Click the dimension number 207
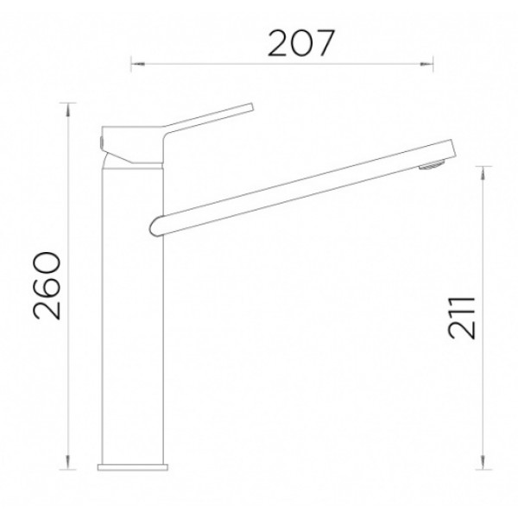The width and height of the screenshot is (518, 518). (x=301, y=44)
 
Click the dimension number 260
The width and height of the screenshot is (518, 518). (x=47, y=286)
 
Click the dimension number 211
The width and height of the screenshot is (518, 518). (x=463, y=318)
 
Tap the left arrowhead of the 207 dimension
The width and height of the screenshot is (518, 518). (x=138, y=64)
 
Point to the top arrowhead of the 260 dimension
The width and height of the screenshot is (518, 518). (x=68, y=110)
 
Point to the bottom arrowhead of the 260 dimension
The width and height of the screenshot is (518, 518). (x=68, y=462)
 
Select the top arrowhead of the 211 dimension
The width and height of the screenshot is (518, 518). (x=483, y=174)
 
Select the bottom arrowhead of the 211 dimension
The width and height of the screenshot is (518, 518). (x=483, y=462)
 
